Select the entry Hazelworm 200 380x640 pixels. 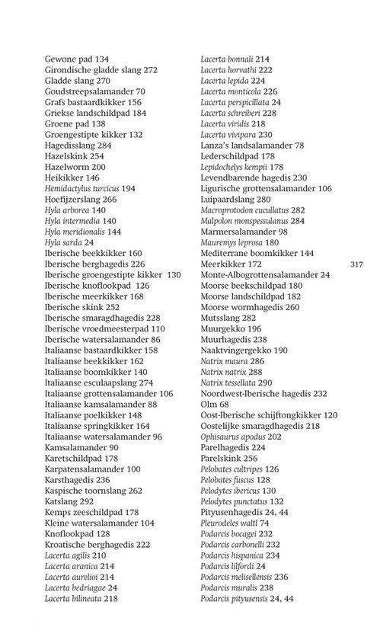[x=75, y=167]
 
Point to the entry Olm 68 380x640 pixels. [x=215, y=404]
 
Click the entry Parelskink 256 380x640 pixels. [x=229, y=459]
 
